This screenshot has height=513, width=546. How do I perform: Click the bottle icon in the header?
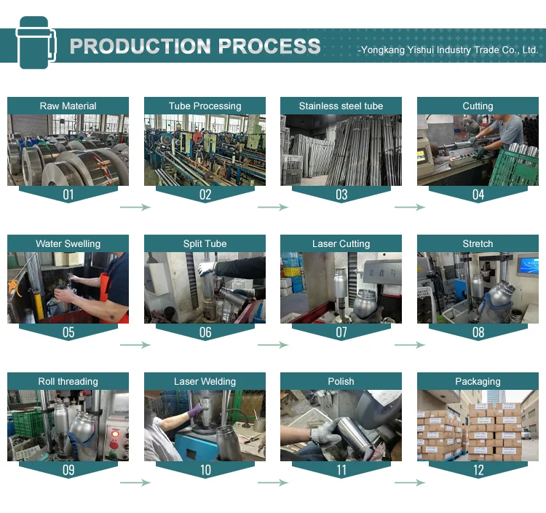[x=33, y=43]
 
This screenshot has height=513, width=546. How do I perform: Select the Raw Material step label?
[x=68, y=106]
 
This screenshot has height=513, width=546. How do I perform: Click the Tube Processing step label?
[x=205, y=106]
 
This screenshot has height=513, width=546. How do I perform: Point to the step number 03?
[x=341, y=195]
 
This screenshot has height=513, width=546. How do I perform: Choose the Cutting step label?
[x=478, y=106]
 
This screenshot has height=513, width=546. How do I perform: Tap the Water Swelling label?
[x=68, y=244]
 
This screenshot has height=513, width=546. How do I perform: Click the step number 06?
[x=205, y=332]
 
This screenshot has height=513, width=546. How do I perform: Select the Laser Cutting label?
[x=341, y=244]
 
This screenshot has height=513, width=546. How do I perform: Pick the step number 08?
[x=478, y=332]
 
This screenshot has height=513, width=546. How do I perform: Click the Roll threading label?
[x=68, y=382]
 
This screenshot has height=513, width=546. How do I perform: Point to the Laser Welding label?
[x=205, y=382]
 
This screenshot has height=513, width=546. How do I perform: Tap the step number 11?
[x=341, y=470]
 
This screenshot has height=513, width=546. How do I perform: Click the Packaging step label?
[x=478, y=382]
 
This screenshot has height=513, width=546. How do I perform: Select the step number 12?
[x=478, y=470]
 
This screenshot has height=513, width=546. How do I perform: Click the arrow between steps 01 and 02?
[x=135, y=208]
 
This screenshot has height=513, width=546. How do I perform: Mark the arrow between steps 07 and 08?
[x=410, y=345]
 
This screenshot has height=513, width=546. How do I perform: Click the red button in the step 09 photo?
[x=114, y=435]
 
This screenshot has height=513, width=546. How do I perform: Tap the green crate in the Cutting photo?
[x=513, y=171]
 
